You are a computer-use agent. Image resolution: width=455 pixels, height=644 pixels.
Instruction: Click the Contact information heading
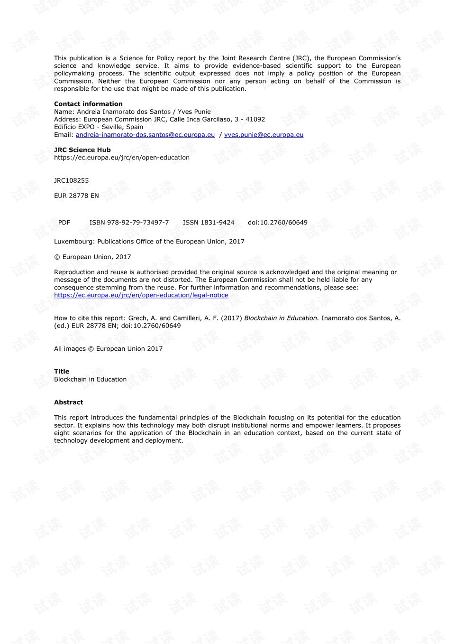88,104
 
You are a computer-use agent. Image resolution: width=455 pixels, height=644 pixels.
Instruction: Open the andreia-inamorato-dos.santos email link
145,135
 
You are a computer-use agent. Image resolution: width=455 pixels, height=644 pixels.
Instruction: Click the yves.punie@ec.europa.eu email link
264,135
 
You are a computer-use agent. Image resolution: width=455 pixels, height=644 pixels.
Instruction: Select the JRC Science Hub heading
82,150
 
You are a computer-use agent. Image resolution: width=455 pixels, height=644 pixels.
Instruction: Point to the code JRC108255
71,180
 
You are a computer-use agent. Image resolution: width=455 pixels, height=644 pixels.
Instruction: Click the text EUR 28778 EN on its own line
76,196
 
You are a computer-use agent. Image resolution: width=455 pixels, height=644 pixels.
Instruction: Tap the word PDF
64,223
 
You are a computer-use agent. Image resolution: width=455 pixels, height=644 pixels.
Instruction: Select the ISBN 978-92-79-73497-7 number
129,223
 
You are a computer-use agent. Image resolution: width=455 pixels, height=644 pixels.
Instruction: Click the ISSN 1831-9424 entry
209,223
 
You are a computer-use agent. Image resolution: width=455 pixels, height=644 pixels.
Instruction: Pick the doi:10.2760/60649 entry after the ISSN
277,223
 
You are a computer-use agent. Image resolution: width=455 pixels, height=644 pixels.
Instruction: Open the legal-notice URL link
141,295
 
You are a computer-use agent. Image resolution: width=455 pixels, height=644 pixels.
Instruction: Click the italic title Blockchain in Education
281,318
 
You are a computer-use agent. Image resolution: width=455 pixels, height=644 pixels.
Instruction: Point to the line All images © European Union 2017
108,349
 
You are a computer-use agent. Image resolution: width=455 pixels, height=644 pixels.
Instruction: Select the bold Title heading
62,372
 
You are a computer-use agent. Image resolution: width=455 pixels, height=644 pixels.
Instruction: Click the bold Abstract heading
68,402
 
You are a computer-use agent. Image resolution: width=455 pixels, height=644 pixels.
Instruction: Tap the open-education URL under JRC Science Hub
121,158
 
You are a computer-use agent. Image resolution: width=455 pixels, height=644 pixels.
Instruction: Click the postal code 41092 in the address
255,120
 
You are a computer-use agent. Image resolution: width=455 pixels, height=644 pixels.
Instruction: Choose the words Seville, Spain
122,127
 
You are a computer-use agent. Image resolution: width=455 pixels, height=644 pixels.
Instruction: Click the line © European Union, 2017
92,257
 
